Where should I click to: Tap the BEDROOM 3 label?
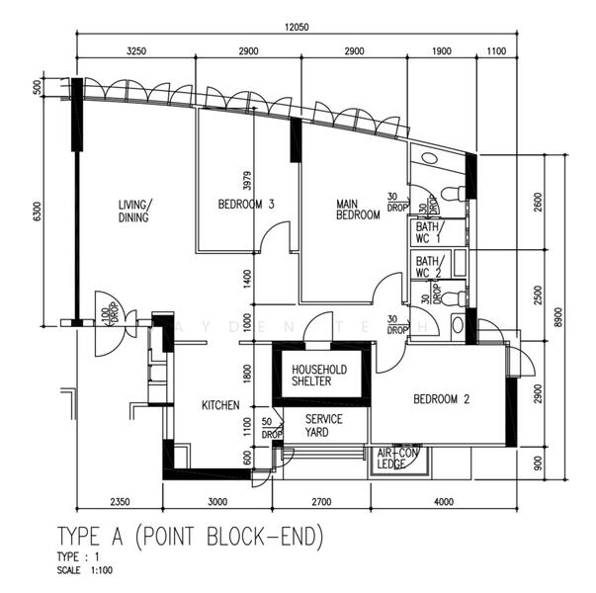click(245, 205)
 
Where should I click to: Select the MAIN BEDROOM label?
click(357, 209)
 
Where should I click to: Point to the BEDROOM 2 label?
click(441, 399)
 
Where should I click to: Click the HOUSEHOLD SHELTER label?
click(318, 376)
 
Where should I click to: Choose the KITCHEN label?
click(222, 406)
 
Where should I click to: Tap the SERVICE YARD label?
click(323, 426)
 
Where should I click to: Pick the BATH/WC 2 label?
click(430, 266)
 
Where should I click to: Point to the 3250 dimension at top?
click(137, 50)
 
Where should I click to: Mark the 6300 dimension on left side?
click(38, 212)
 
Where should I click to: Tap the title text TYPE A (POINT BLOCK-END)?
click(190, 537)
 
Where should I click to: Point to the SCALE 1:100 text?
click(84, 571)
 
